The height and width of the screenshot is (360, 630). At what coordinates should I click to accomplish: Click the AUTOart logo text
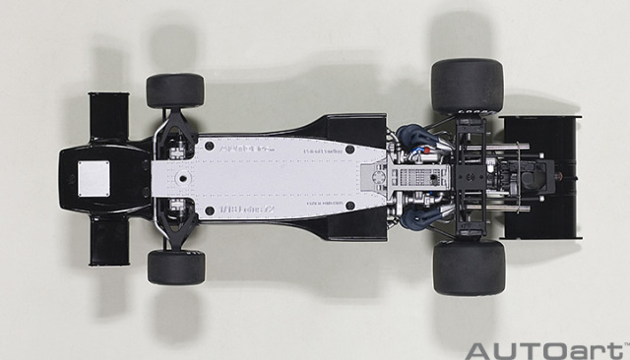[x=544, y=349]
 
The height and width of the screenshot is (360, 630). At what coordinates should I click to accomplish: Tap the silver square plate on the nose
[x=94, y=178]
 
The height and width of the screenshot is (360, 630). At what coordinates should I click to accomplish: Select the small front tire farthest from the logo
[x=175, y=90]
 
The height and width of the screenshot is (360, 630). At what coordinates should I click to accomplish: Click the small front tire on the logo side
[x=176, y=267]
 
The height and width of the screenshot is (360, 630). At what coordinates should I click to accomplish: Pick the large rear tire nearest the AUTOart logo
[x=468, y=268]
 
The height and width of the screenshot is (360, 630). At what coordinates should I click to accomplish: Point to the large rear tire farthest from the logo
[x=467, y=86]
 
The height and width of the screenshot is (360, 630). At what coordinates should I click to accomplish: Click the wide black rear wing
[x=541, y=177]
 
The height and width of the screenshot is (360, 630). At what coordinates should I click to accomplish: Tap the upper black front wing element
[x=108, y=117]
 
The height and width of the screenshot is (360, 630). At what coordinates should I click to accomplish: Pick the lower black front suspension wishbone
[x=176, y=228]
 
